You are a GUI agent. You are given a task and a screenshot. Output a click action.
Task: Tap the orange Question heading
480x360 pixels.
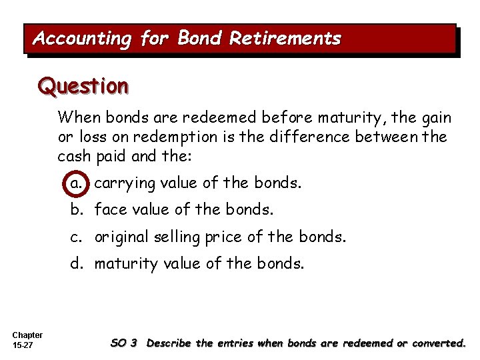(83, 86)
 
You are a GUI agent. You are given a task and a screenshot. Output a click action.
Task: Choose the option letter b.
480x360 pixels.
(78, 210)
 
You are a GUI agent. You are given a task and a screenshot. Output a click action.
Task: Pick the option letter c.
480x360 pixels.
(78, 237)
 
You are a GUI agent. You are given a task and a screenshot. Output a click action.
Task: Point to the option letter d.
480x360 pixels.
(78, 263)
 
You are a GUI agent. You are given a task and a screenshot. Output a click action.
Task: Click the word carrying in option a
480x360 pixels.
(125, 183)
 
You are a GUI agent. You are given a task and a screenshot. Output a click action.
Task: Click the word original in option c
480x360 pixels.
(121, 237)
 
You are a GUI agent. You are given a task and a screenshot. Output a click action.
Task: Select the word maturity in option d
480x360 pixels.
(126, 263)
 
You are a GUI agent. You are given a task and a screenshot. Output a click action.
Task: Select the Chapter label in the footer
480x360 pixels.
(27, 335)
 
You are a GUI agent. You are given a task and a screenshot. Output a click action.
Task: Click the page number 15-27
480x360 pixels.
(23, 345)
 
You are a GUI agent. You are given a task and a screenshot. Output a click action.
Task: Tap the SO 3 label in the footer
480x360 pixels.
(124, 343)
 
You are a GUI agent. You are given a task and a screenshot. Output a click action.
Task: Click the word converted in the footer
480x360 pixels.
(439, 343)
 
